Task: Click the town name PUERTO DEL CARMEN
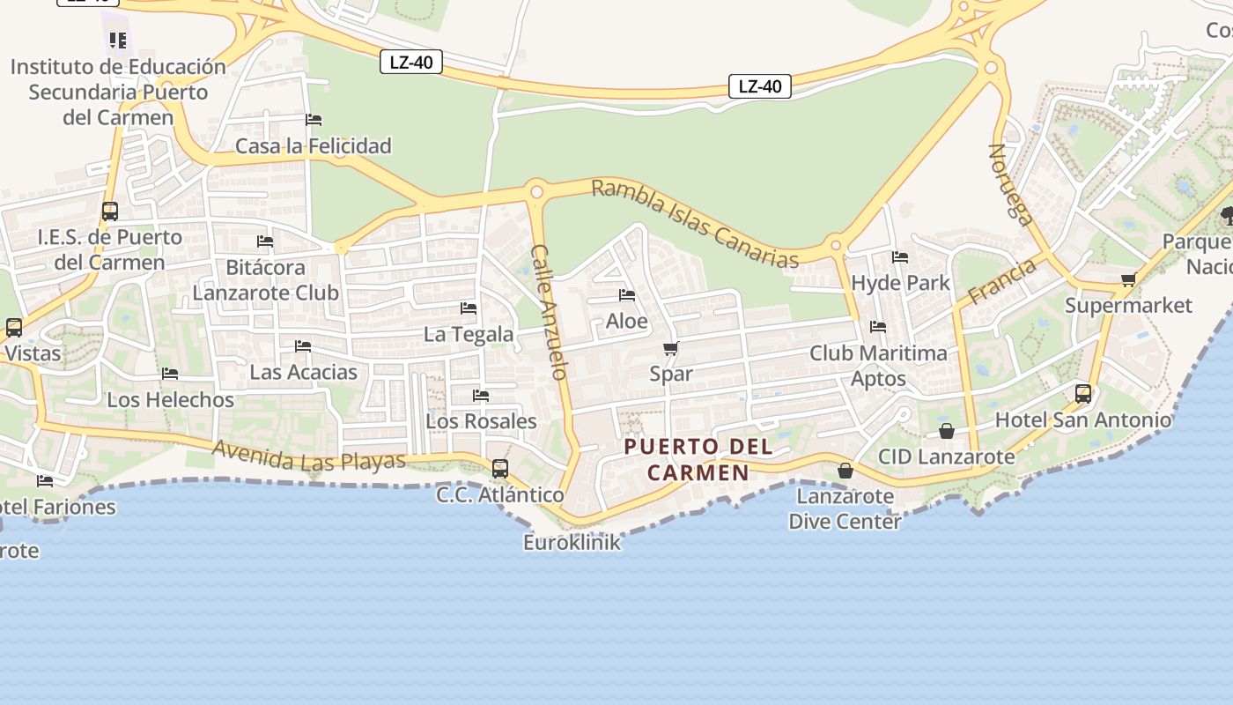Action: tap(698, 459)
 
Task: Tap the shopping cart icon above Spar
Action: tap(671, 348)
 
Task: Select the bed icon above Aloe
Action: tap(627, 295)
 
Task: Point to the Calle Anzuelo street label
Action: tap(548, 312)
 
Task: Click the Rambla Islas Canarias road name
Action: tap(695, 224)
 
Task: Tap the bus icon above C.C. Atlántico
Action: tap(500, 468)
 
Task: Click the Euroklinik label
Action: tap(572, 542)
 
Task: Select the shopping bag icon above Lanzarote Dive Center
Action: tap(845, 471)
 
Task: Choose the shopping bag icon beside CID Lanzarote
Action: tap(947, 431)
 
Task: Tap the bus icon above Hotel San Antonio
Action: tap(1083, 393)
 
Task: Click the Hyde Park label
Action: tap(900, 283)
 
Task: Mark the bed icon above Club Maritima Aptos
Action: tap(878, 327)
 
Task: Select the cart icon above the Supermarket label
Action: tap(1128, 279)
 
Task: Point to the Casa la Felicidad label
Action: tap(313, 145)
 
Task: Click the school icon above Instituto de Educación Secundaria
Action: tap(118, 40)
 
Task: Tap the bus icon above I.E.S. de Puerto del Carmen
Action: tap(109, 211)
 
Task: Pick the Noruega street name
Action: tap(1009, 185)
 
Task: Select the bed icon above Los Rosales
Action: tap(481, 396)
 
